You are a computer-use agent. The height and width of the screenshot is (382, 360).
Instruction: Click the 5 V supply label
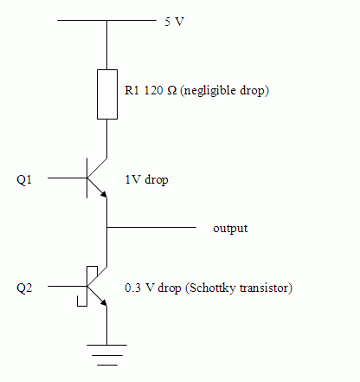[x=174, y=22]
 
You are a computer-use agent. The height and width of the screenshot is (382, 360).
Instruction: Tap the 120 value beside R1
[x=153, y=90]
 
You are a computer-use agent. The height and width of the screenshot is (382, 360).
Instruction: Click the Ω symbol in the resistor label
[x=172, y=91]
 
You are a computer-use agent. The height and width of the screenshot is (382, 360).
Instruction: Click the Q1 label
[x=24, y=179]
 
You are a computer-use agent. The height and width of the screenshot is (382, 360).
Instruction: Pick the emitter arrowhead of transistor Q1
[x=104, y=194]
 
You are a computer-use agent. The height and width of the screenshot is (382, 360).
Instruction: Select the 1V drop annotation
[x=146, y=179]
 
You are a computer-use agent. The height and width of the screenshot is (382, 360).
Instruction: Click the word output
[x=230, y=229]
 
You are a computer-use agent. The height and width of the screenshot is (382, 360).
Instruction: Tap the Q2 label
[x=24, y=288]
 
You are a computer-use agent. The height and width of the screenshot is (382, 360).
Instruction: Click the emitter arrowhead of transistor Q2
[x=104, y=302]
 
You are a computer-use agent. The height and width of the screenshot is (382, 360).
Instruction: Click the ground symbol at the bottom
[x=107, y=355]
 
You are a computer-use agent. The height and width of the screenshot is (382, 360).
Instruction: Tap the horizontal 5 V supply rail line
[x=106, y=21]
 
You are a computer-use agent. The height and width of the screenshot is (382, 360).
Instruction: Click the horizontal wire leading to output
[x=151, y=228]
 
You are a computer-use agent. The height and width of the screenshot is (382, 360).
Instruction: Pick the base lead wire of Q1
[x=67, y=178]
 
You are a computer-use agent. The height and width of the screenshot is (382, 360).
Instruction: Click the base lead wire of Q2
[x=67, y=286]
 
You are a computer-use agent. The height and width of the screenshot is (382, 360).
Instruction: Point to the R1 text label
[x=132, y=90]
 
